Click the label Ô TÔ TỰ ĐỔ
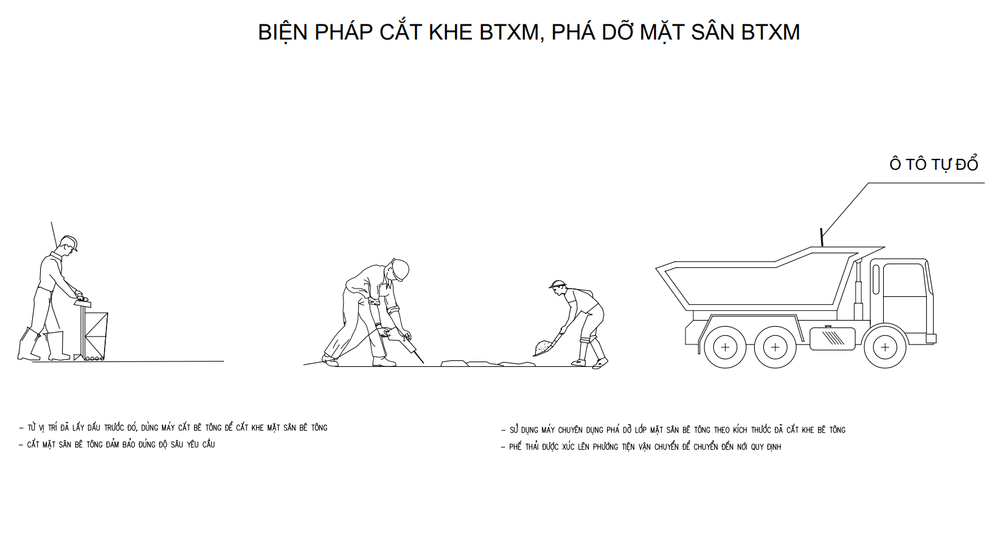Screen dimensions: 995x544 pyautogui.click(x=933, y=164)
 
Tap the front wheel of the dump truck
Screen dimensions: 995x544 pyautogui.click(x=885, y=347)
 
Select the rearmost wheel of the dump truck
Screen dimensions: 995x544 pyautogui.click(x=725, y=347)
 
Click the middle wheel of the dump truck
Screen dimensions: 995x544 pyautogui.click(x=775, y=347)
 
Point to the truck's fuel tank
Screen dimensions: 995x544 pyautogui.click(x=833, y=339)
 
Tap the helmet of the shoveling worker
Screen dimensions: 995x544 pyautogui.click(x=558, y=284)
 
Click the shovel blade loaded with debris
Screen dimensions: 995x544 pyautogui.click(x=544, y=348)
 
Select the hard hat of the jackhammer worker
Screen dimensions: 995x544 pyautogui.click(x=400, y=270)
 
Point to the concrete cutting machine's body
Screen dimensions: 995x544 pyautogui.click(x=95, y=335)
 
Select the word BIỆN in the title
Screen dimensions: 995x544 pyautogui.click(x=283, y=32)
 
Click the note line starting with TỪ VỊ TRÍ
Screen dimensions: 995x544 pyautogui.click(x=173, y=428)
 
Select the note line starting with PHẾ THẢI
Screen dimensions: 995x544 pyautogui.click(x=641, y=447)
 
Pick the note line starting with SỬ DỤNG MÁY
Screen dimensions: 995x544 pyautogui.click(x=673, y=430)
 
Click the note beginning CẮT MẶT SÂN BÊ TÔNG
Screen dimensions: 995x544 pyautogui.click(x=117, y=444)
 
